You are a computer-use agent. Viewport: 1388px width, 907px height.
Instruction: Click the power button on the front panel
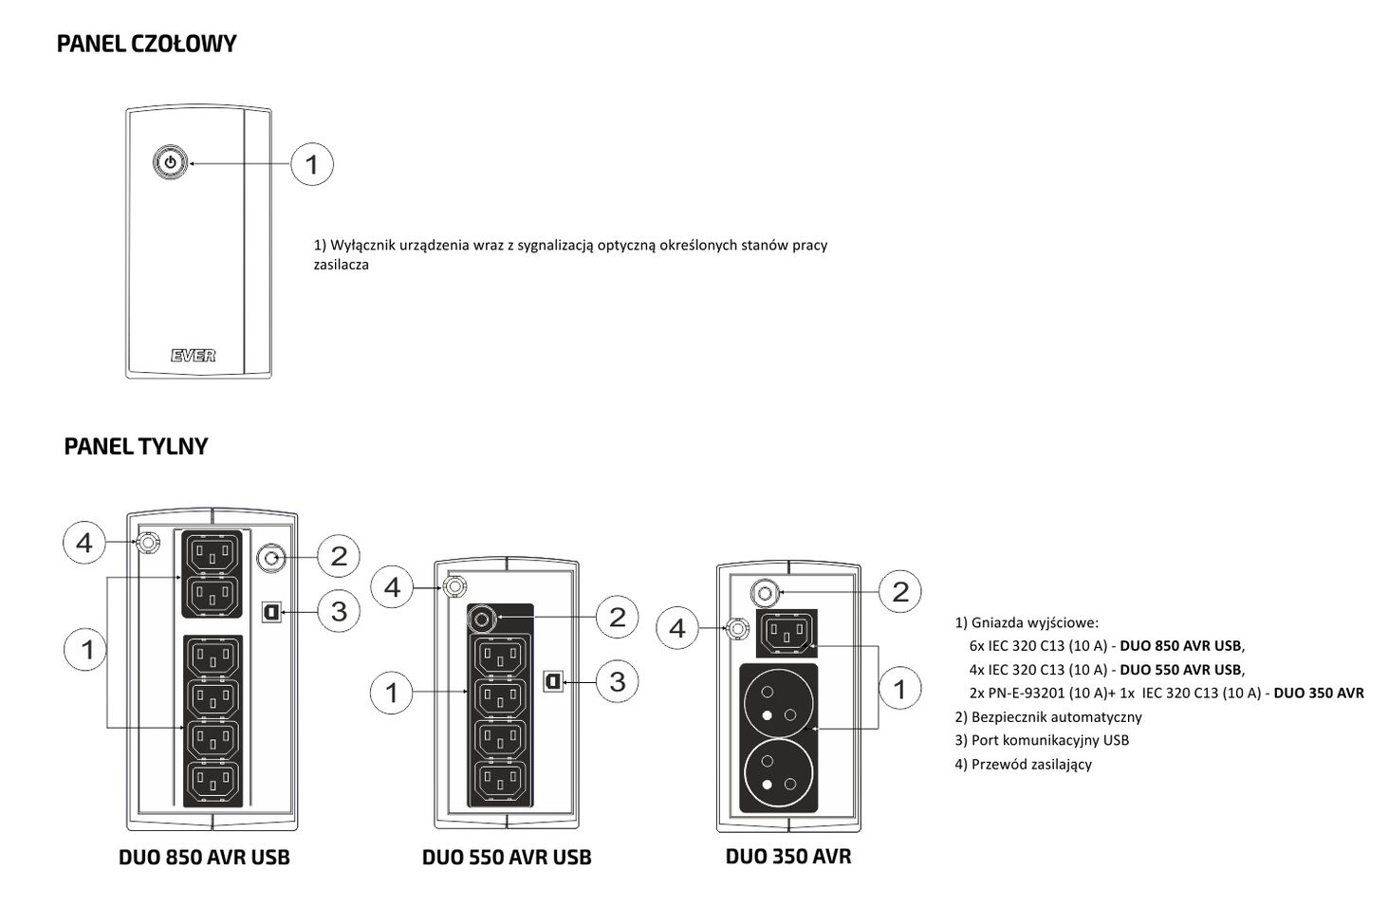tap(170, 162)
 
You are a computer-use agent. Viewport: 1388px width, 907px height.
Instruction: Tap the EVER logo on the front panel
tap(194, 356)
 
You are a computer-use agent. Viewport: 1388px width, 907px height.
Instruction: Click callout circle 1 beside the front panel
tap(311, 164)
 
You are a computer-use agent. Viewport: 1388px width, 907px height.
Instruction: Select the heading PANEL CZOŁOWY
tap(146, 44)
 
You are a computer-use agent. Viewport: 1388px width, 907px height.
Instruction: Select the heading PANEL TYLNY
tap(136, 447)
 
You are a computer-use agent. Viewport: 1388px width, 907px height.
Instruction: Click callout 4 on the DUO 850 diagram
tap(84, 543)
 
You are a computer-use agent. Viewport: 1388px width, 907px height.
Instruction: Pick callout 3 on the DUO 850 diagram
tap(339, 611)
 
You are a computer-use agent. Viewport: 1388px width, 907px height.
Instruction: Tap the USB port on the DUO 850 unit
tap(270, 610)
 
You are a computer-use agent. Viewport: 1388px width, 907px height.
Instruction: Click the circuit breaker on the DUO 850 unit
tap(271, 557)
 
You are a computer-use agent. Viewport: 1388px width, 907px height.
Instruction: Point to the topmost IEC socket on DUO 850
tap(211, 552)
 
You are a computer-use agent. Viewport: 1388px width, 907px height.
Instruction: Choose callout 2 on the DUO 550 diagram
tap(618, 618)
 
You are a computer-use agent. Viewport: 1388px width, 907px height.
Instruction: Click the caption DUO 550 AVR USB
tap(507, 858)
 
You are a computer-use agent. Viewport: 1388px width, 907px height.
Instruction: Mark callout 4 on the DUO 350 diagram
tap(677, 628)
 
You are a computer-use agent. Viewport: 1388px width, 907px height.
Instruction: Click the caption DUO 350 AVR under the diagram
tap(787, 857)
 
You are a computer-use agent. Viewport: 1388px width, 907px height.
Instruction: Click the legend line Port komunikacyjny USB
tap(1042, 740)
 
